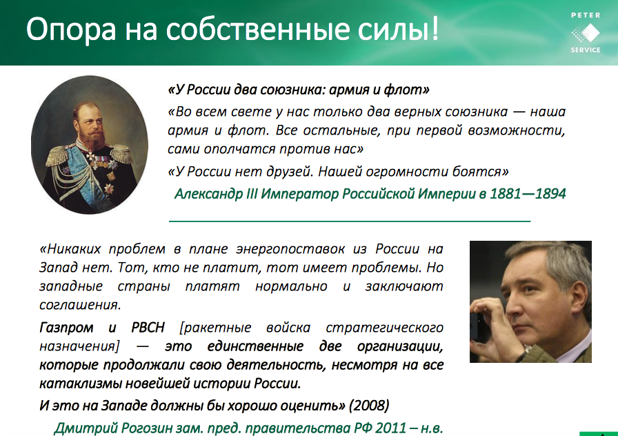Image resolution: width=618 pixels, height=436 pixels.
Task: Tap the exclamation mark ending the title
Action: pos(435,28)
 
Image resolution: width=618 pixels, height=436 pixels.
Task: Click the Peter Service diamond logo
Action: pos(586,32)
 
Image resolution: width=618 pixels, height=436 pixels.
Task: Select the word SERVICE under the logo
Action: pos(586,50)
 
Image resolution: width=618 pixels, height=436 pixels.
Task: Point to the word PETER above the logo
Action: pos(586,15)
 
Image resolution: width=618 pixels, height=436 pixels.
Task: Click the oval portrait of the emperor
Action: pos(90,145)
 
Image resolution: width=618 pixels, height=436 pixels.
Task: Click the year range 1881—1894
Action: pos(528,194)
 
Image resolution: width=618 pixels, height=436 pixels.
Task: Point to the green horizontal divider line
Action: pos(350,221)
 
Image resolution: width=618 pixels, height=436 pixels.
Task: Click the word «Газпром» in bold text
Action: pos(66,328)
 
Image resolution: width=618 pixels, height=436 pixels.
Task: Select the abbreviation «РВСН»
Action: pos(148,328)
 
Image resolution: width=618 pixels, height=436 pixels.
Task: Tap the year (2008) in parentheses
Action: pos(369,405)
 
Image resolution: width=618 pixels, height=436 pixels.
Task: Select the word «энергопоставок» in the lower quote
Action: pos(290,250)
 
